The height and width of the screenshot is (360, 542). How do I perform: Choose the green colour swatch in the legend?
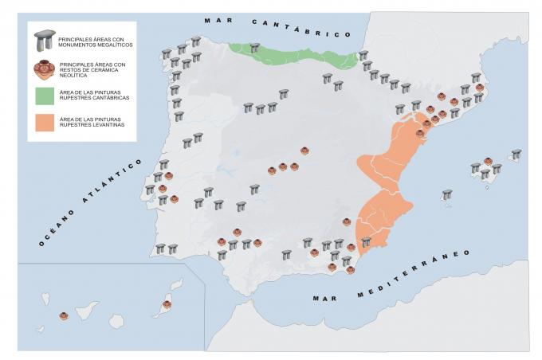pyautogui.click(x=44, y=96)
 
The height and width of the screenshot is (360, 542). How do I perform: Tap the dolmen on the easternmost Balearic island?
pyautogui.click(x=516, y=154)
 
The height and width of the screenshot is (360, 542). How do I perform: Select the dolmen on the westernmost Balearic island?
pyautogui.click(x=447, y=194)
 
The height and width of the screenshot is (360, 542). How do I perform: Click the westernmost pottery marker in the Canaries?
pyautogui.click(x=64, y=316)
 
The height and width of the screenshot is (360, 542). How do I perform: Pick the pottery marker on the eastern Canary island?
pyautogui.click(x=167, y=304)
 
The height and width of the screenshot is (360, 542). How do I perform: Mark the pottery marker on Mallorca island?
pyautogui.click(x=488, y=161)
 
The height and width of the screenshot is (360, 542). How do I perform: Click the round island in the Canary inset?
pyautogui.click(x=116, y=320)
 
